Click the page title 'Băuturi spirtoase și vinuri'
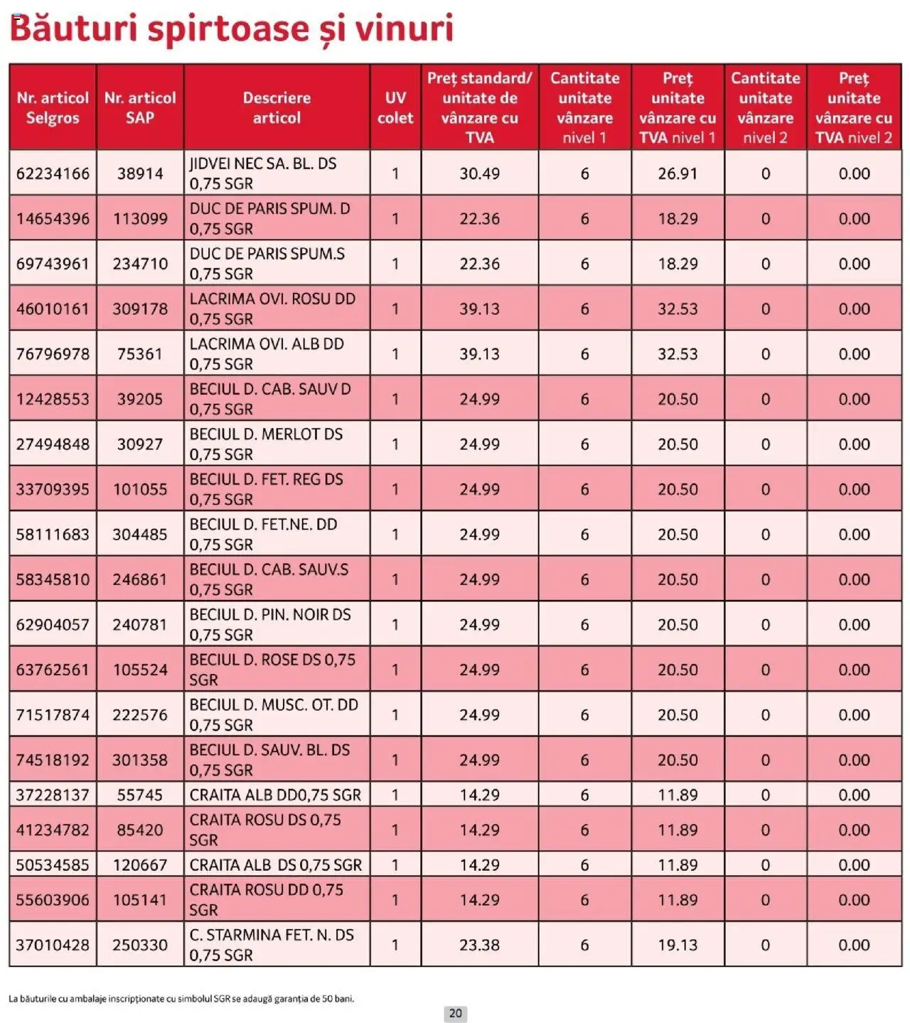[231, 29]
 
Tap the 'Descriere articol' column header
[277, 108]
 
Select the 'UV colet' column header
[395, 108]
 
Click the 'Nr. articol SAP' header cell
[140, 108]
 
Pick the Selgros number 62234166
[53, 173]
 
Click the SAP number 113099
[140, 219]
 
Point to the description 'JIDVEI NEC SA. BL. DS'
[263, 164]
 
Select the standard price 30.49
[479, 173]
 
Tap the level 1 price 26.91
[678, 173]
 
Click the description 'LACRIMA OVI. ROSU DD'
[272, 299]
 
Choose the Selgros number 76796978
[53, 354]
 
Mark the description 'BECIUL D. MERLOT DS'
[266, 434]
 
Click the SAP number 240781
[140, 625]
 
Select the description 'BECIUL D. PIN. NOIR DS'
[270, 615]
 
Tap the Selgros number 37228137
[53, 795]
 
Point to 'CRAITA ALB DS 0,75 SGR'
[276, 865]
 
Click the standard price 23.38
[479, 945]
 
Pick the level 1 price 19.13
[678, 945]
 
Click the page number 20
[455, 1014]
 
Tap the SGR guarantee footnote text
[181, 999]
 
